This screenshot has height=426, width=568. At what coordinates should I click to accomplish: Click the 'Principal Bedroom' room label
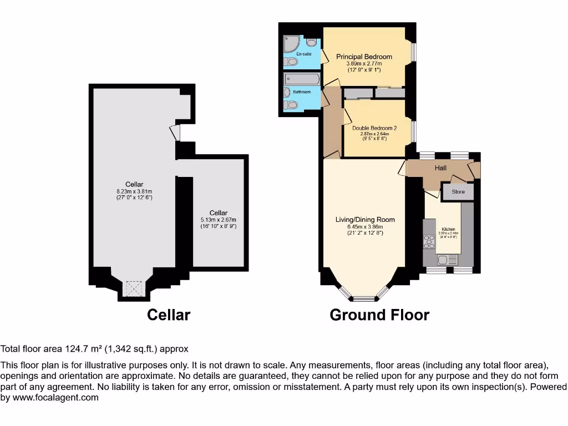click(x=364, y=57)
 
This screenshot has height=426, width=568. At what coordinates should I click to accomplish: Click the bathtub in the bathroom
click(x=301, y=79)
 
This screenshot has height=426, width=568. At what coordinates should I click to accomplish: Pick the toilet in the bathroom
click(x=290, y=104)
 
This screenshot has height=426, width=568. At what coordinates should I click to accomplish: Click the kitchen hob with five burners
click(x=429, y=241)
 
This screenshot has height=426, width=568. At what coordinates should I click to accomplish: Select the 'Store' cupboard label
click(x=458, y=192)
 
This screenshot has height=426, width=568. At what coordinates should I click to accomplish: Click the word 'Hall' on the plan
click(x=440, y=168)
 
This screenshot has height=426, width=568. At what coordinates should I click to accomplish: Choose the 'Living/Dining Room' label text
click(x=365, y=220)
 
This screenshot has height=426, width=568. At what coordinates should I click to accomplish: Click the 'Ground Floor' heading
click(x=379, y=315)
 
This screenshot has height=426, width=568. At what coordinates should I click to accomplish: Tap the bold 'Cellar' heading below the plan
click(x=169, y=315)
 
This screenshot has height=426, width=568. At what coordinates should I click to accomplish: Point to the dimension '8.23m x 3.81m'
click(x=134, y=191)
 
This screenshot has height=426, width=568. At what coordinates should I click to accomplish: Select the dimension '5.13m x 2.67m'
click(x=219, y=220)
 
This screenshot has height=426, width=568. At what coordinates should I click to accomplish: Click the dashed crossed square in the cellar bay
click(x=134, y=289)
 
